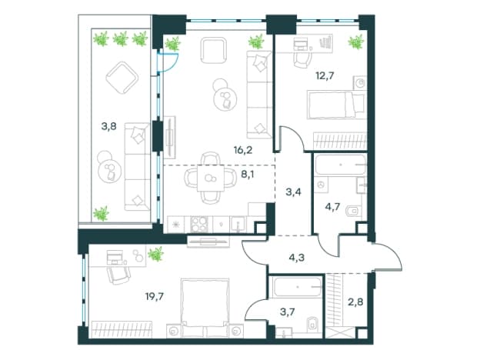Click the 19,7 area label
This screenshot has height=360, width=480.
click(x=155, y=296)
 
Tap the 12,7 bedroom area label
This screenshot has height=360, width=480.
click(x=325, y=75)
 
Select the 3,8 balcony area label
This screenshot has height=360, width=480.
click(x=109, y=126)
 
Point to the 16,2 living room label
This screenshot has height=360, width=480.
click(x=243, y=150)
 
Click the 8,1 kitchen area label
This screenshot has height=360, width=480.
click(x=248, y=175)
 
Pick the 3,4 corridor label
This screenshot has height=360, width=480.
click(x=294, y=192)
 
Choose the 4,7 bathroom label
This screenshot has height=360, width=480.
click(x=332, y=207)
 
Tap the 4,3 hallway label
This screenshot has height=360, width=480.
click(x=296, y=258)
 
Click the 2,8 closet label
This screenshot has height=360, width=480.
click(x=355, y=302)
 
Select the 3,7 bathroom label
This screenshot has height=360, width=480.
click(x=288, y=312)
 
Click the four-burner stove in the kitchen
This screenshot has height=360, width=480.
click(x=199, y=225)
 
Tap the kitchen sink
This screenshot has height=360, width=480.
click(x=238, y=225)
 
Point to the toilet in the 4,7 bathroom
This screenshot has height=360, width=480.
click(x=353, y=211)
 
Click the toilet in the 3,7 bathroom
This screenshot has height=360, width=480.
click(x=313, y=324)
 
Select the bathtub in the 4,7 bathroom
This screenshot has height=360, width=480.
click(x=341, y=165)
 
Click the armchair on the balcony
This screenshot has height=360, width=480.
click(x=122, y=78)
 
